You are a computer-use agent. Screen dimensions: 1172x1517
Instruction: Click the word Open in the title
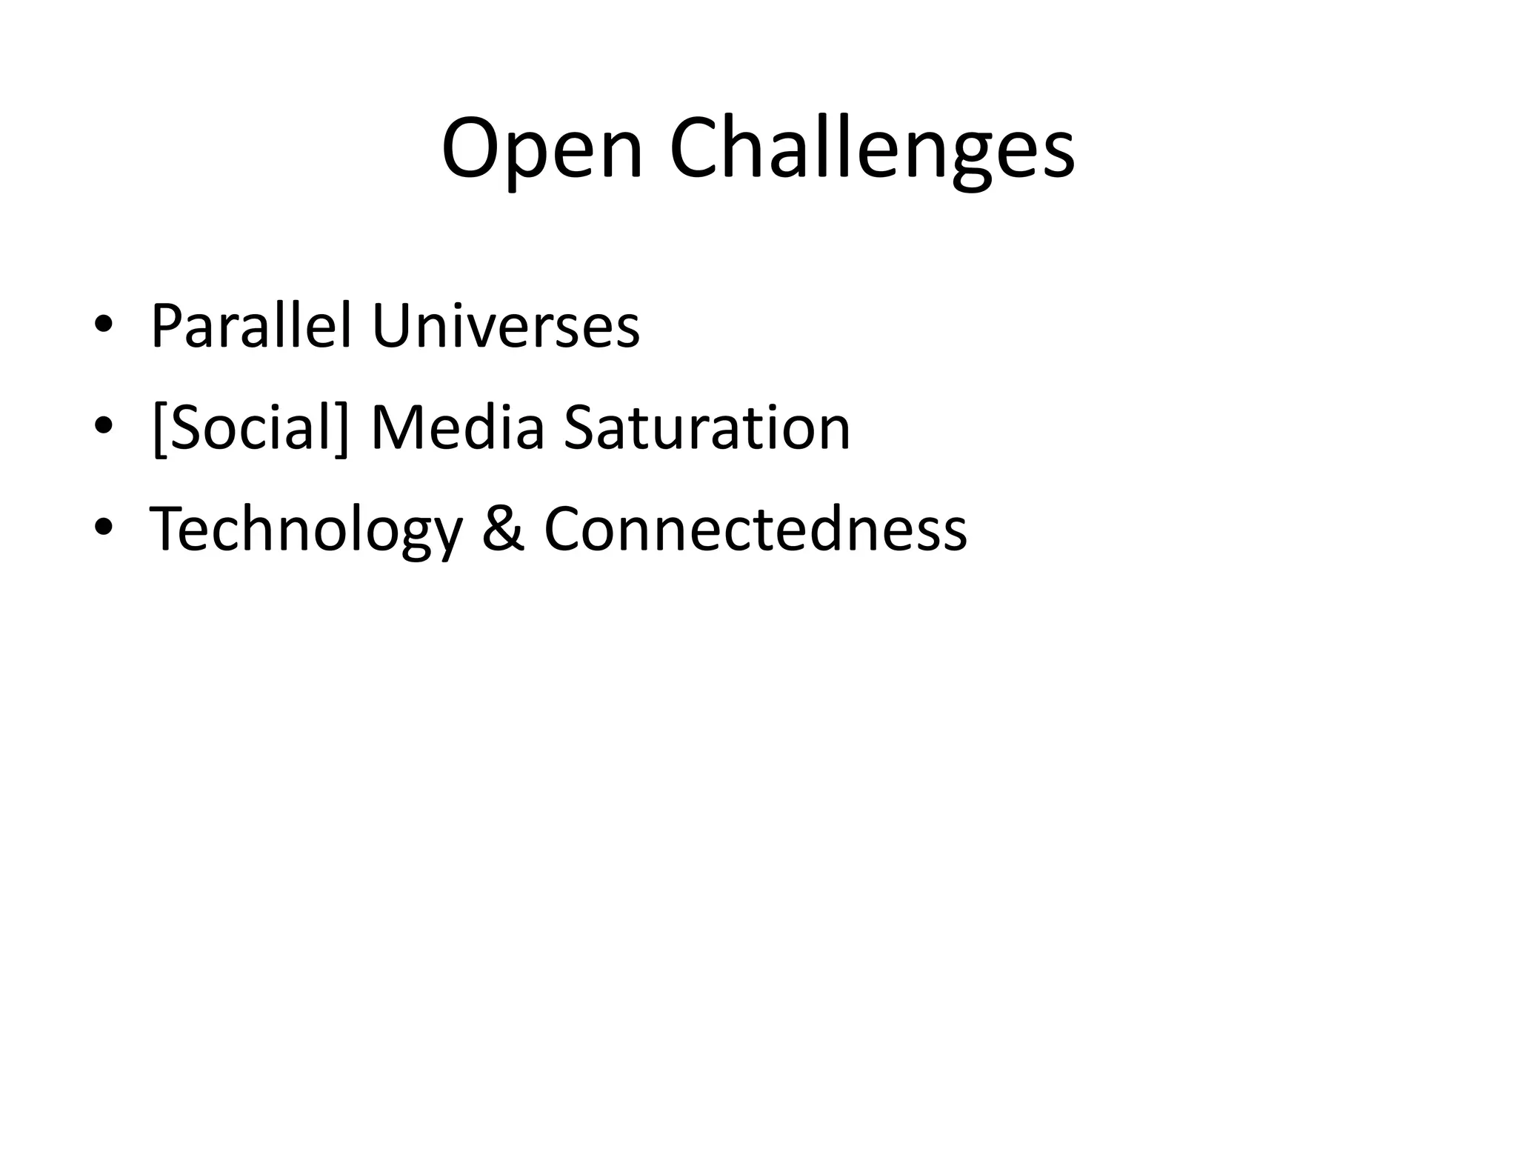pyautogui.click(x=541, y=150)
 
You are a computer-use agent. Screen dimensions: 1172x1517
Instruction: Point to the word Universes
pyautogui.click(x=505, y=326)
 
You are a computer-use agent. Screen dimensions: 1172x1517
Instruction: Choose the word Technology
pyautogui.click(x=306, y=530)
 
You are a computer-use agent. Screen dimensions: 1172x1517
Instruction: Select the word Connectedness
pyautogui.click(x=756, y=530)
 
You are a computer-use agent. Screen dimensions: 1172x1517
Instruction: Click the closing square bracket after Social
pyautogui.click(x=341, y=429)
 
